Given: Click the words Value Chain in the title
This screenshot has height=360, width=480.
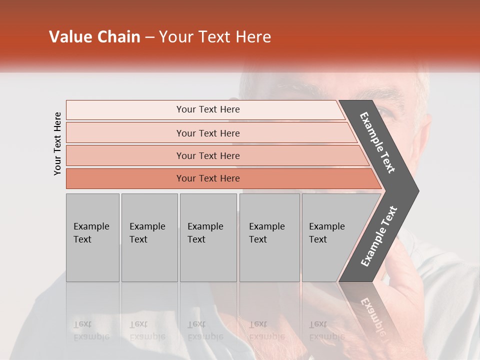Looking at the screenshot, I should [x=94, y=37].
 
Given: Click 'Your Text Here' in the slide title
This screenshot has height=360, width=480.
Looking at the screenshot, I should [x=215, y=37].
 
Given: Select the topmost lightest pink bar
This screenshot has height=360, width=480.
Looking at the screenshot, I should [x=207, y=109].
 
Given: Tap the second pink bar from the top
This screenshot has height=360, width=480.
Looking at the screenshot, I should [x=207, y=133].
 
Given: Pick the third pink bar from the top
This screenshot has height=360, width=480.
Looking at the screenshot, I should [x=207, y=155].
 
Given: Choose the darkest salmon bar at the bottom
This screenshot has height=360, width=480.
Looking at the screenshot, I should [x=207, y=178].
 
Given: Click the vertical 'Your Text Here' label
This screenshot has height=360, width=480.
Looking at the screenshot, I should [x=57, y=143].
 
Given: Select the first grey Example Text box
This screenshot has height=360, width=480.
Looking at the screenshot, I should [x=92, y=237].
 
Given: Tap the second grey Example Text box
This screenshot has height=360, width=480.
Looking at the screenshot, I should [x=149, y=237].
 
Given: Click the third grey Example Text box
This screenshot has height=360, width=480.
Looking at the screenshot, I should [x=208, y=237].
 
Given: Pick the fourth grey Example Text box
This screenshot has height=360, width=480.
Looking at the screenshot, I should [x=269, y=237].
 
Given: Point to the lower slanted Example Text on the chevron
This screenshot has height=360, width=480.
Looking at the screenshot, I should [x=379, y=236].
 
